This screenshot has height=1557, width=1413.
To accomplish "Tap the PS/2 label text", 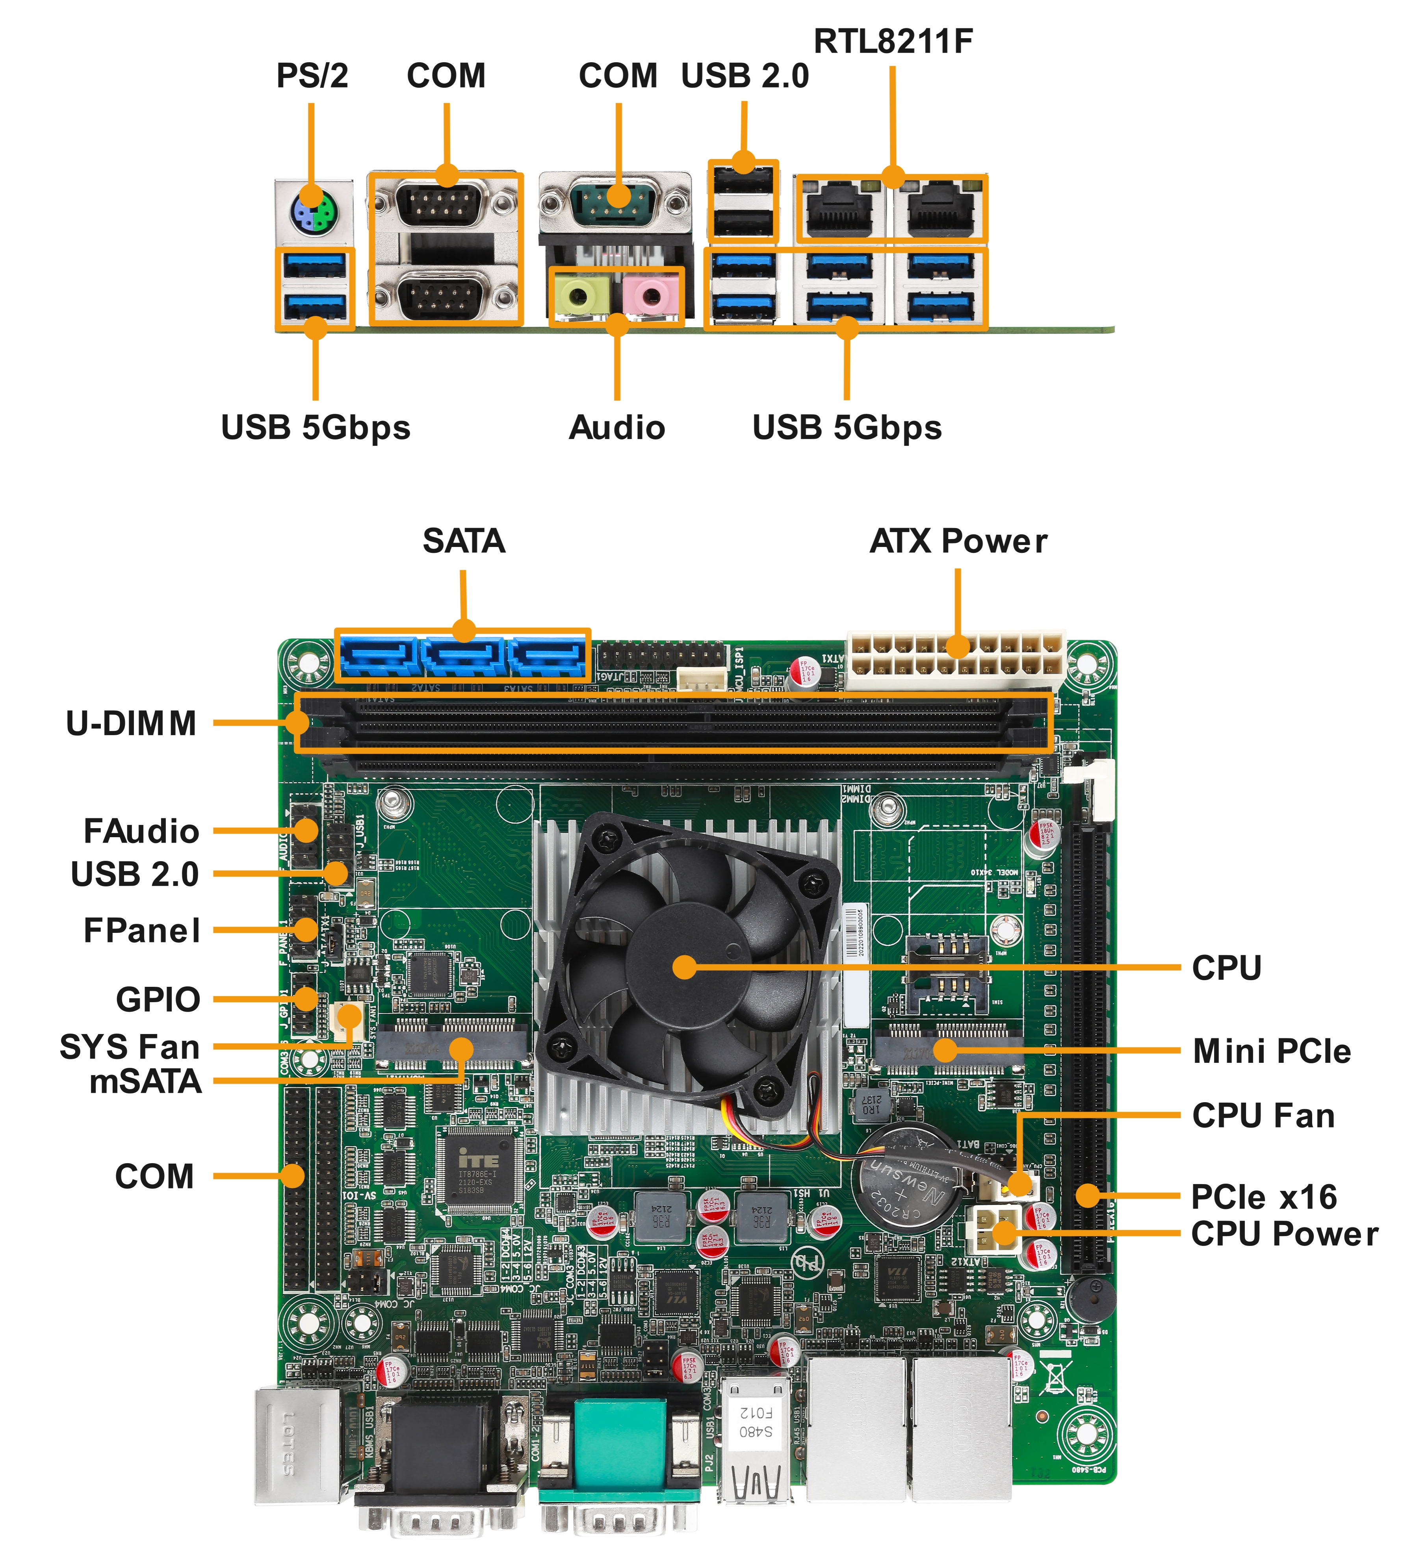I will pyautogui.click(x=312, y=76).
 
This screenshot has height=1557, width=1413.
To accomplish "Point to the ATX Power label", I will pyautogui.click(x=958, y=541).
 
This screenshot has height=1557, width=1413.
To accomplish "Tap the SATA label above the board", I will pyautogui.click(x=464, y=541).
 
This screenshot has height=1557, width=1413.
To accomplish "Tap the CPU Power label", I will pyautogui.click(x=1284, y=1233).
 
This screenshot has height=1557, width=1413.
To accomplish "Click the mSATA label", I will pyautogui.click(x=145, y=1081).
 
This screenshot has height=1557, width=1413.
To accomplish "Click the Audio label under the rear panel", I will pyautogui.click(x=616, y=427).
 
